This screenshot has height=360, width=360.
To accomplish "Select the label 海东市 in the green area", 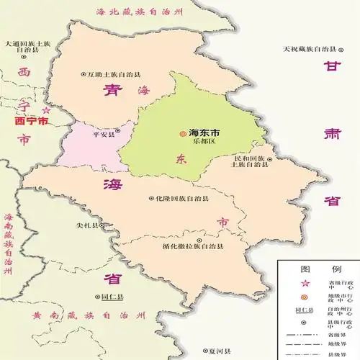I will click(204, 132).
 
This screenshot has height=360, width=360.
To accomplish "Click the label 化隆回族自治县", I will click(181, 198).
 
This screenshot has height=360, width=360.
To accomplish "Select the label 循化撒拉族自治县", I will click(194, 246).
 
